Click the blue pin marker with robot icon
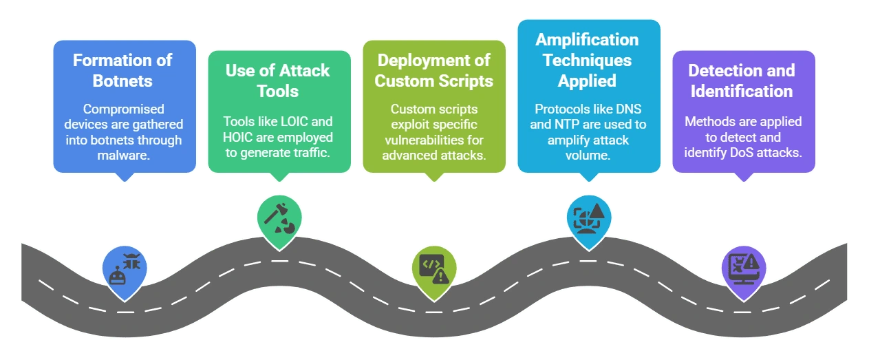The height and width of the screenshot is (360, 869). coord(125,270)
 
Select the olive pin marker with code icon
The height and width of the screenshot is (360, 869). coord(434,269)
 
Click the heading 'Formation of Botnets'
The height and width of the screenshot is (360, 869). coord(122,70)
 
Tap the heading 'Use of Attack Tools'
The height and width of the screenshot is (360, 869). coord(278,81)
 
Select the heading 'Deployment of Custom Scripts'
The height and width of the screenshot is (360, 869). coord(433,70)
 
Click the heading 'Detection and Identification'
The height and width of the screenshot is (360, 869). coord(741,81)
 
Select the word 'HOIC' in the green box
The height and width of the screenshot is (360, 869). coord(238,137)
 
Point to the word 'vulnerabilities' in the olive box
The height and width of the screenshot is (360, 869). coord(422,140)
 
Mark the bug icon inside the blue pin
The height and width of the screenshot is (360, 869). coord(131,261)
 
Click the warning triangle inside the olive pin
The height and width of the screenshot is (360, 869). coord(441,276)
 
